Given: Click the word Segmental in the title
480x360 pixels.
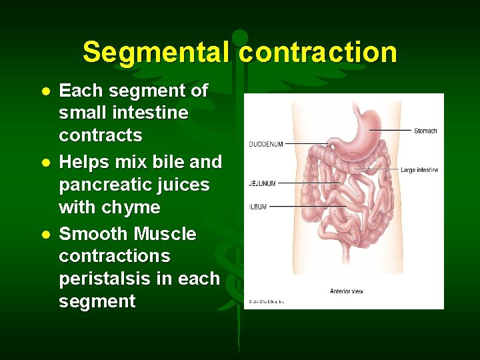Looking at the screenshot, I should (x=157, y=52).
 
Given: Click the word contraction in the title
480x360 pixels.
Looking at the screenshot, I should (x=317, y=52).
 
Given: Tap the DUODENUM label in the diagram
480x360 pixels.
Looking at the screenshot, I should (x=266, y=144).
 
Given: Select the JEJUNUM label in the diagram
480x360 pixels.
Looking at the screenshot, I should (x=262, y=183).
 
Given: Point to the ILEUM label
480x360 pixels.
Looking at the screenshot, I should (x=258, y=207).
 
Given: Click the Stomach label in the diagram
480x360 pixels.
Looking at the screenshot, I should (x=425, y=131).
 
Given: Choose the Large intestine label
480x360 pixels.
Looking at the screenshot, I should (x=419, y=170).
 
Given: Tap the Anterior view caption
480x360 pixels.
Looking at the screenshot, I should (x=346, y=291).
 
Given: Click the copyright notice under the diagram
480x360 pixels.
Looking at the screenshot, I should (x=267, y=302).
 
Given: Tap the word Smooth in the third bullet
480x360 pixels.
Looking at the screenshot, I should (x=93, y=234).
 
